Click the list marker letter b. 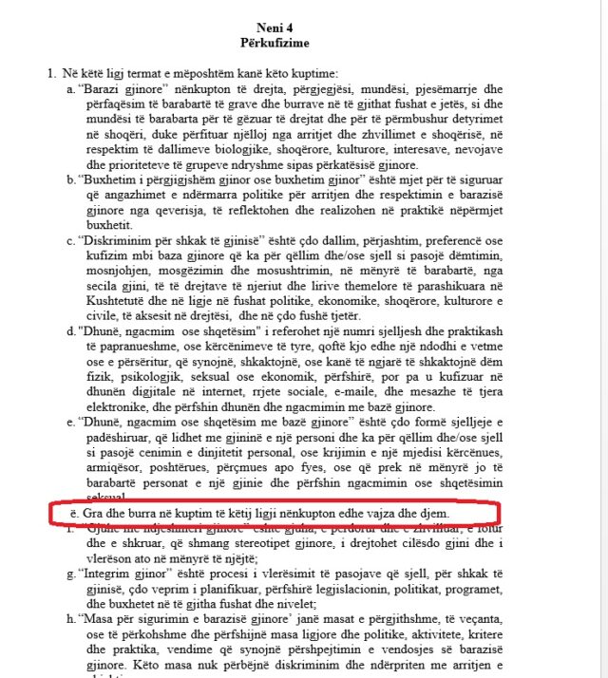[x=71, y=178]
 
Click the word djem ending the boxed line [x=446, y=514]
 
